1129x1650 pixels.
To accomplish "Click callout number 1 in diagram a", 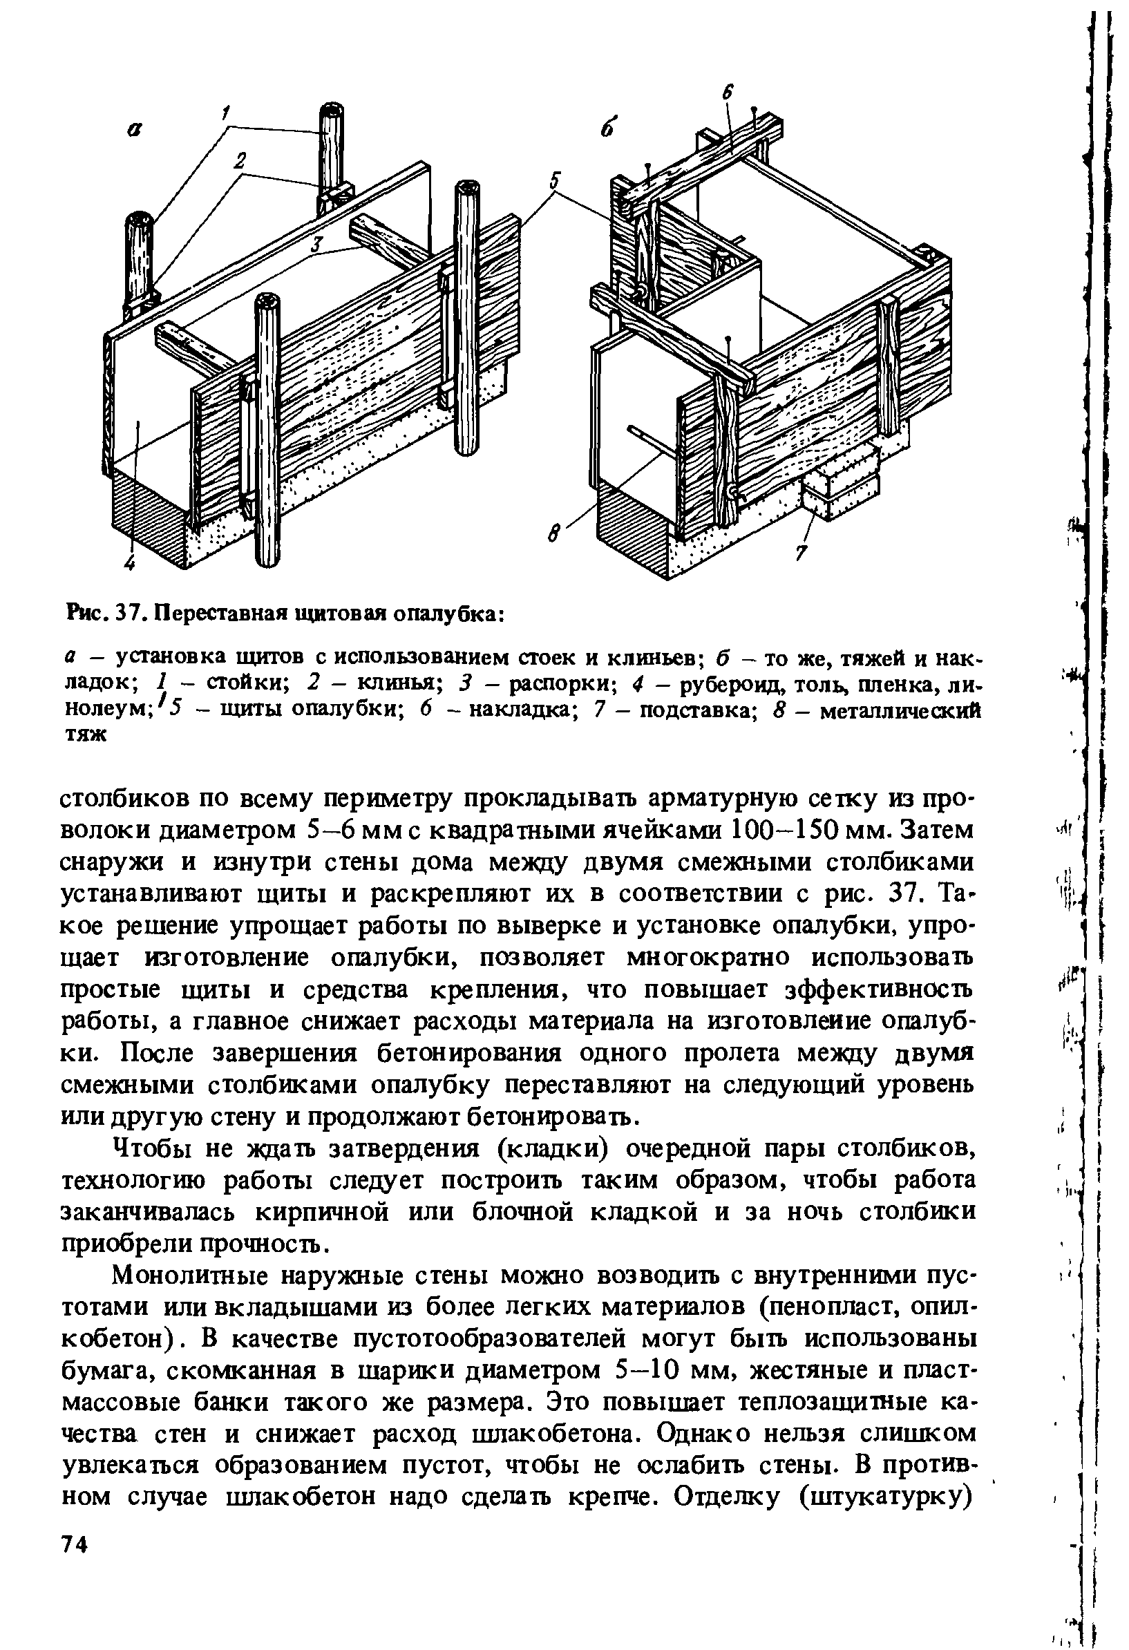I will (x=226, y=112).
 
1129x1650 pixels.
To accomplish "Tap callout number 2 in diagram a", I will (x=241, y=162).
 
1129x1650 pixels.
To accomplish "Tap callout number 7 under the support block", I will (x=801, y=551).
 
